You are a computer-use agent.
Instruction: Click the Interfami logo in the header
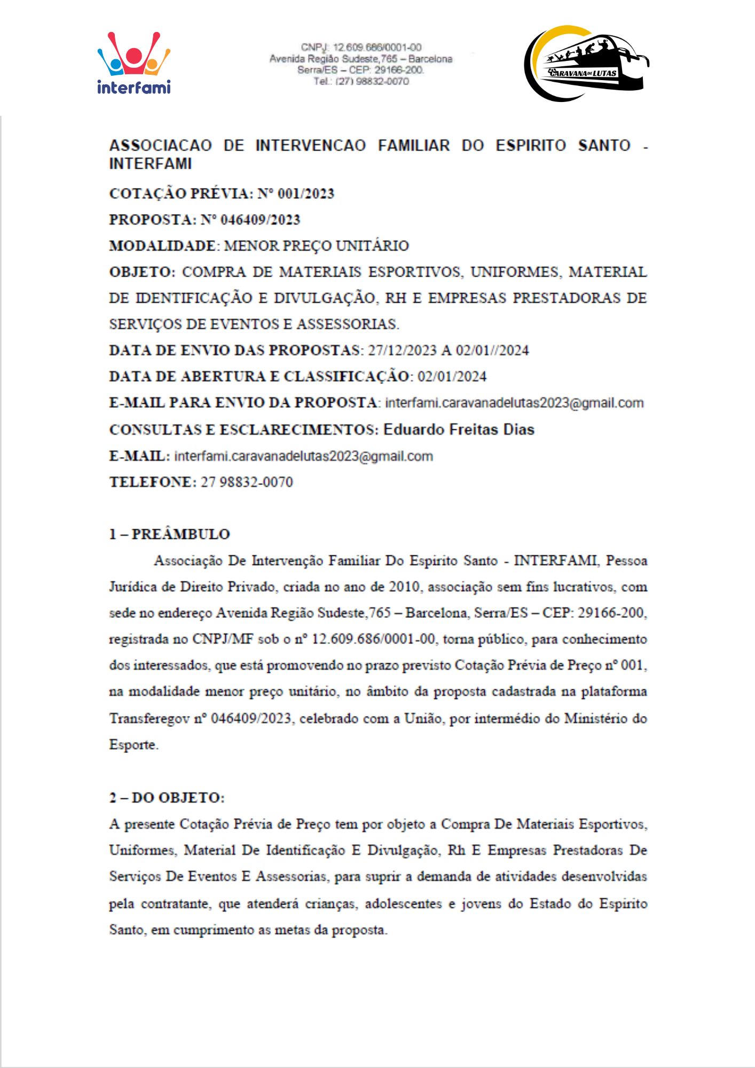133,63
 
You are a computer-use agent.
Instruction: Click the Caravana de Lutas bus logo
586,63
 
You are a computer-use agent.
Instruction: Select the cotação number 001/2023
305,193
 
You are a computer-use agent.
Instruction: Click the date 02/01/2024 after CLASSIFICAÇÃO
452,376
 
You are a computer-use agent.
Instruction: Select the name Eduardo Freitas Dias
459,429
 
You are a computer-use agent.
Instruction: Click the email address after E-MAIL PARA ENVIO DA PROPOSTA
514,403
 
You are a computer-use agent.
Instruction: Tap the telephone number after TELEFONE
247,482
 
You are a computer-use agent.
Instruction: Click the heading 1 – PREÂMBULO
169,534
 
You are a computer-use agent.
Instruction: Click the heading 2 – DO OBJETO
167,798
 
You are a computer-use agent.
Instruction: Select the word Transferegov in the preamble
149,718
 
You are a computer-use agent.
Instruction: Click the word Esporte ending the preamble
133,744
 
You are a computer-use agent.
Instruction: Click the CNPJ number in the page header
377,48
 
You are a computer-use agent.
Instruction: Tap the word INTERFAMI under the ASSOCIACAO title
150,163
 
